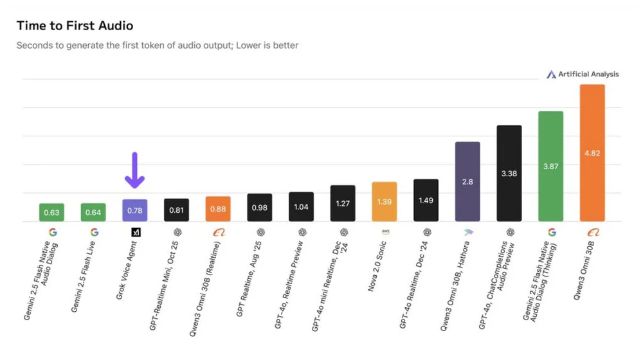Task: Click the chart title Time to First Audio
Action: (x=75, y=26)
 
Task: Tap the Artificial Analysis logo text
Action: (x=588, y=75)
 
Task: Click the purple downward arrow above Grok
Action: (x=134, y=170)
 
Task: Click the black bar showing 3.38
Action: (x=509, y=173)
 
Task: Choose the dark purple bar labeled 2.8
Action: (x=467, y=181)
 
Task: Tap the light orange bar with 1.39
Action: (x=385, y=202)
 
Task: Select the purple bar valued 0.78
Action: (x=134, y=210)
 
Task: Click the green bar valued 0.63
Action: (x=51, y=212)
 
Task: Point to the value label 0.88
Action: (x=218, y=210)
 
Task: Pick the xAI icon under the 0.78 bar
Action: (x=135, y=232)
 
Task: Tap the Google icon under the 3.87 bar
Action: (x=551, y=232)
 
